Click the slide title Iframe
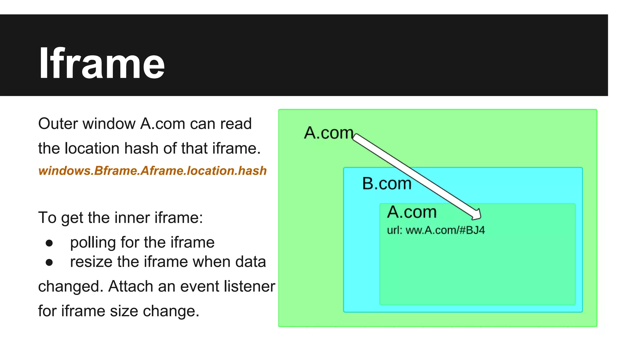click(102, 63)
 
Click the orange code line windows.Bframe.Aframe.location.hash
click(152, 171)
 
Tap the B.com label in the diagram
click(387, 183)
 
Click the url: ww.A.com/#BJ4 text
click(436, 230)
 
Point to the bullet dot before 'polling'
click(49, 243)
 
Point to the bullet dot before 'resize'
click(49, 262)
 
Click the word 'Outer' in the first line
click(58, 124)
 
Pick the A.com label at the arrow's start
click(328, 133)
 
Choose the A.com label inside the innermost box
click(412, 212)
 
